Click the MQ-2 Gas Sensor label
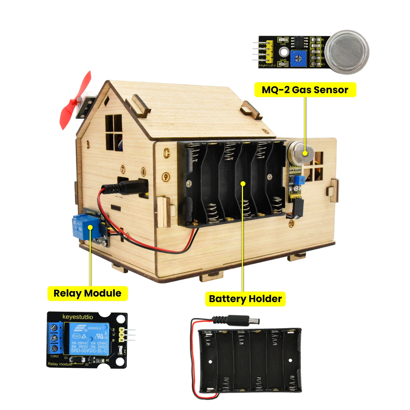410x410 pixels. (305, 90)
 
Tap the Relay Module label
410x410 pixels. (87, 293)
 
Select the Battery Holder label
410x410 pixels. (245, 299)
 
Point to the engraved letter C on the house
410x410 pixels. (166, 153)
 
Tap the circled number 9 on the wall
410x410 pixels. (166, 177)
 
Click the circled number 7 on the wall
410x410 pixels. (123, 169)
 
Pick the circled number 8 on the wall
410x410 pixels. (143, 172)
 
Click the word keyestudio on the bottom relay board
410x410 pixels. (78, 317)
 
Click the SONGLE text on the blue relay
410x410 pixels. (94, 328)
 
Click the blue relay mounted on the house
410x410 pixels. (83, 227)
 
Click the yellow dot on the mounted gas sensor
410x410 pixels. (305, 153)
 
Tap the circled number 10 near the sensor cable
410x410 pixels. (291, 224)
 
